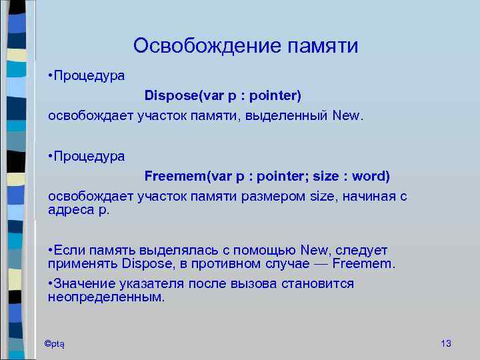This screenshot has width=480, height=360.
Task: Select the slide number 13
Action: [x=446, y=343]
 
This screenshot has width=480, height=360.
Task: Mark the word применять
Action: [x=83, y=264]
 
